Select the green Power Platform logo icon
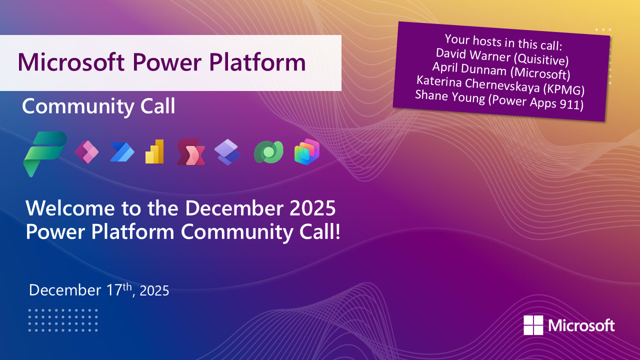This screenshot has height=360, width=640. coord(44,153)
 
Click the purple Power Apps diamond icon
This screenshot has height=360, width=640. coord(86,152)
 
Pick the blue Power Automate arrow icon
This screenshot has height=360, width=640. coord(122,152)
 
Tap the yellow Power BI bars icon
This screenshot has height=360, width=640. coord(155,152)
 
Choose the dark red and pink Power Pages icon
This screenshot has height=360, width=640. coord(191,152)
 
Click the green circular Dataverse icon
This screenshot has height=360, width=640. coord(268,152)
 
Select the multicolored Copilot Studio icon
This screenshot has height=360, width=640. coord(306,152)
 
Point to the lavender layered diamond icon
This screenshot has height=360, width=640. coord(228,152)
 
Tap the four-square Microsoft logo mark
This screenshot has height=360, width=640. coord(533,325)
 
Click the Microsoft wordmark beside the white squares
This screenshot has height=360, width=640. coord(581,326)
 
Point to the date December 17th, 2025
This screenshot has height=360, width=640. coord(99,290)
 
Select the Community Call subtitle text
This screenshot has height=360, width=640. coord(98,106)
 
